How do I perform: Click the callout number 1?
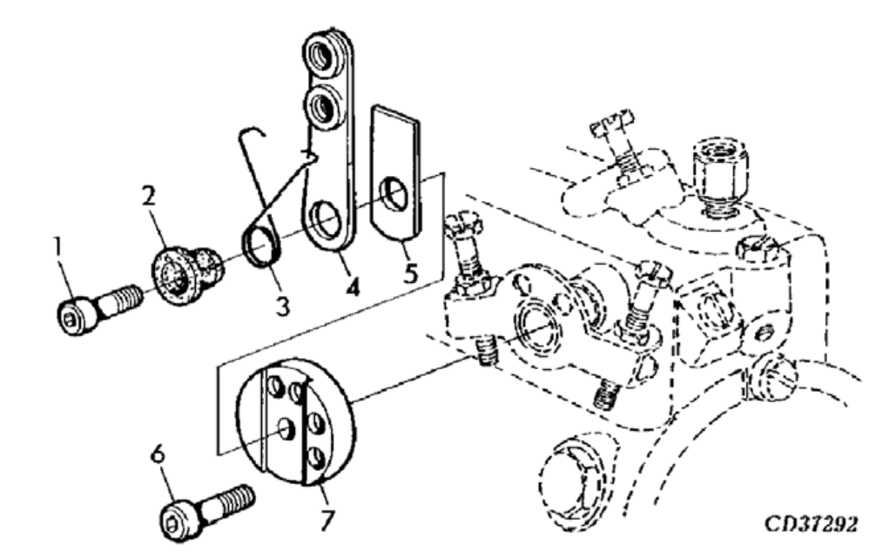point(58,249)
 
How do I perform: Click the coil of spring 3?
point(260,242)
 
